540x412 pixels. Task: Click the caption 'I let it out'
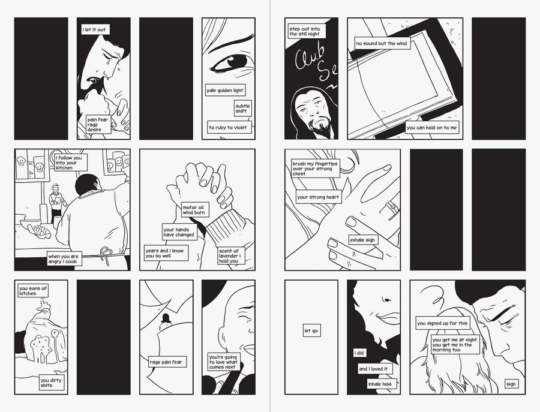tap(95, 29)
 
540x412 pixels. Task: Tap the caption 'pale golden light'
tap(225, 91)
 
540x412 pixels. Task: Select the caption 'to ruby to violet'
tap(228, 127)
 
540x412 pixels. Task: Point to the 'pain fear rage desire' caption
tap(98, 125)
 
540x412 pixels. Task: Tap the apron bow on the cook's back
tap(107, 254)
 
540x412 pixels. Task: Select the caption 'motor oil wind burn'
tap(194, 210)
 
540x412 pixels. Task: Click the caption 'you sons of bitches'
tap(33, 291)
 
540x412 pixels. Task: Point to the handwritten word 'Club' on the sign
tap(310, 56)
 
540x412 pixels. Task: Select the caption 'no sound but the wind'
tap(382, 43)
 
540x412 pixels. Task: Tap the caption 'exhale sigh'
tap(363, 240)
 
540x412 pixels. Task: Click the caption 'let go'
tap(311, 331)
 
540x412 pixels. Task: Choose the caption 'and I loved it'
tap(374, 369)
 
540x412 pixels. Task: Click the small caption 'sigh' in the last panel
tap(512, 384)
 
